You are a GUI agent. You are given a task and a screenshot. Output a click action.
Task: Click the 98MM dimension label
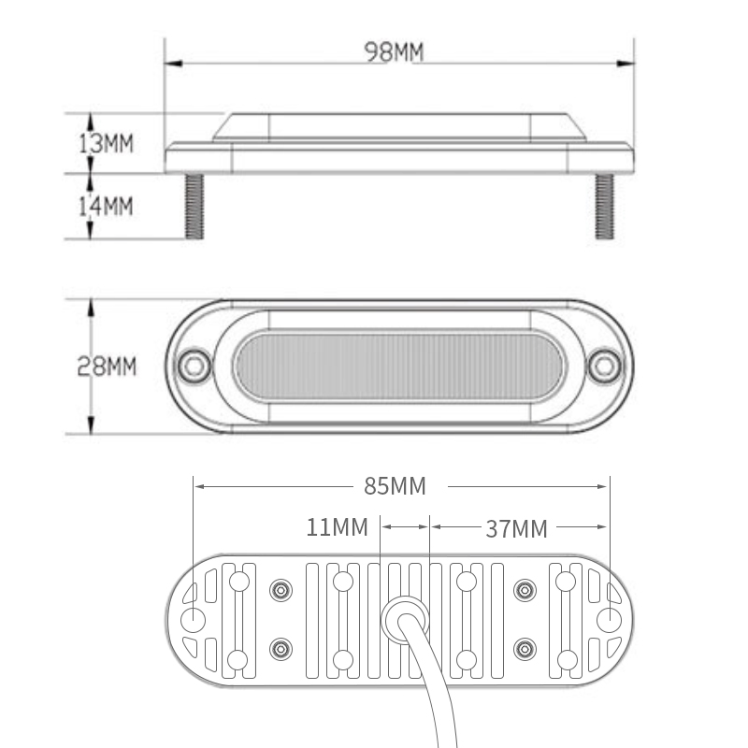click(394, 52)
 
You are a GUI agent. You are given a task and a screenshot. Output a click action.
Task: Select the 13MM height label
click(106, 143)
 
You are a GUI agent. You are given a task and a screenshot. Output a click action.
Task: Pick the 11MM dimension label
click(338, 528)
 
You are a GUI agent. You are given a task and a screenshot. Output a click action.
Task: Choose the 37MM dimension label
click(516, 528)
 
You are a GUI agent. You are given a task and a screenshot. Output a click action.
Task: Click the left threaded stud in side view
click(194, 205)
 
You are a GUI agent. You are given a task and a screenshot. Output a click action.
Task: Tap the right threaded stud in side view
click(604, 205)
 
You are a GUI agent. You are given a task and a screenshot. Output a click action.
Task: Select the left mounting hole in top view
click(194, 364)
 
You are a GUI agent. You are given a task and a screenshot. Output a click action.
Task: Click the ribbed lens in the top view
click(399, 365)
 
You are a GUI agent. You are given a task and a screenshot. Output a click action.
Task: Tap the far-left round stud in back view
click(194, 620)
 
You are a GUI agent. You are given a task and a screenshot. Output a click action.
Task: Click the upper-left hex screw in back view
click(280, 590)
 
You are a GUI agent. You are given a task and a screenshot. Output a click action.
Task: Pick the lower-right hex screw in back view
click(525, 649)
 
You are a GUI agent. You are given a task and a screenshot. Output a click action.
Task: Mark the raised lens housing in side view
click(399, 126)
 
